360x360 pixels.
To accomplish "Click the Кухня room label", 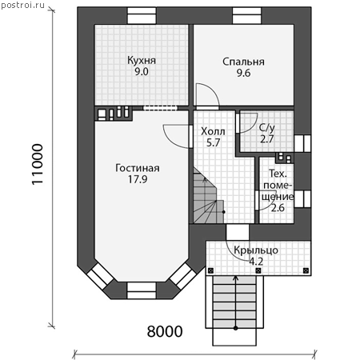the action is [x=142, y=61].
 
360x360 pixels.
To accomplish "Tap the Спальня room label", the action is [x=243, y=62].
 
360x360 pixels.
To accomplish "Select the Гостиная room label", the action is [x=138, y=168].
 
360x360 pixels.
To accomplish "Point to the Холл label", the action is [x=213, y=131].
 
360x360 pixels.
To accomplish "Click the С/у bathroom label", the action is [x=266, y=128].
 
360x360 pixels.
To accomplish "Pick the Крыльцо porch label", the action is [x=256, y=250].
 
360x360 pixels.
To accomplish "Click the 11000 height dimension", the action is [x=38, y=164].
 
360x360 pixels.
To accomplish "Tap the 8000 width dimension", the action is [x=165, y=331].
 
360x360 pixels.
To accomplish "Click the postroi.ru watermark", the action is [x=22, y=6].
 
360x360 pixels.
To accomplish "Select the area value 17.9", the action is [x=138, y=179].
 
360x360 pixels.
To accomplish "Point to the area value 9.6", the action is [x=243, y=73].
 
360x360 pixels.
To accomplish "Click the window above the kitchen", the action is [x=142, y=15].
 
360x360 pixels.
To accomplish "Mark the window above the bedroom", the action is [x=247, y=15].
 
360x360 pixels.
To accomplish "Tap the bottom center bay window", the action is [x=142, y=290].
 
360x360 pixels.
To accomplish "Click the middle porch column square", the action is [x=258, y=271].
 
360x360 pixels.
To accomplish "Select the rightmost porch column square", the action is [x=306, y=271].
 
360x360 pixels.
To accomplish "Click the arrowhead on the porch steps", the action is [x=235, y=278].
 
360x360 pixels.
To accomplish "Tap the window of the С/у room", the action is [x=302, y=143].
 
